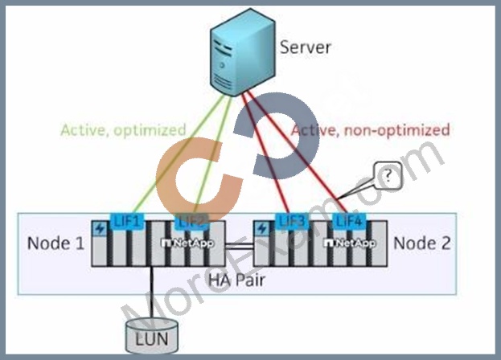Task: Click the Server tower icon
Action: coord(243,52)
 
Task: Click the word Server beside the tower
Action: coord(305,47)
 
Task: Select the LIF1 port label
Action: coord(127,221)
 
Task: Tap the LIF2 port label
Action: coord(191,221)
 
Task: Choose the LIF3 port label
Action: coord(292,221)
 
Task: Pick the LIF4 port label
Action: coord(349,221)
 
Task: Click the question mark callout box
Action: coord(388,176)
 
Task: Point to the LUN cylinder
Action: coord(152,336)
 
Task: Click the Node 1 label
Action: coord(56,243)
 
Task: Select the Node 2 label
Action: coord(422,243)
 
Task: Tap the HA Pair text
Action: coord(236,280)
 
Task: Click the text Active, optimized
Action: coord(123,130)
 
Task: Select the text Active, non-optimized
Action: coord(371,130)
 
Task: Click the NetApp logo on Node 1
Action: coord(187,243)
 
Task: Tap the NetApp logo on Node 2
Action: coord(350,243)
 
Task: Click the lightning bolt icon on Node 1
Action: coord(100,229)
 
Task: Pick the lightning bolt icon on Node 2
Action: coord(262,229)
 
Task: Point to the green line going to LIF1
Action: coord(179,153)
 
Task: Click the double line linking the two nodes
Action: coord(239,246)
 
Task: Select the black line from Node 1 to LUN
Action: coord(151,292)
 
